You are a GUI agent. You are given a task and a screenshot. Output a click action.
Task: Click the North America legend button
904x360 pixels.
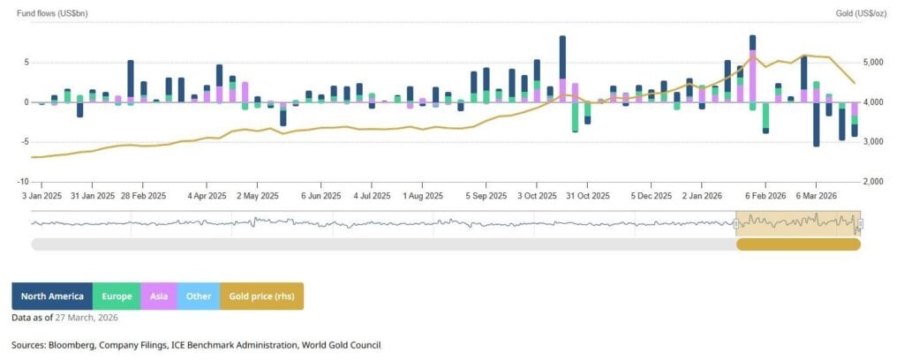pyautogui.click(x=52, y=296)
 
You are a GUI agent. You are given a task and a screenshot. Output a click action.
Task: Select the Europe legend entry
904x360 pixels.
pyautogui.click(x=117, y=296)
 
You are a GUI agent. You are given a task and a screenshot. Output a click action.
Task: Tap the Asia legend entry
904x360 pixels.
pyautogui.click(x=159, y=296)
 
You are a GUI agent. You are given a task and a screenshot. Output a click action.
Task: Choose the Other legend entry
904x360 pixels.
pyautogui.click(x=199, y=296)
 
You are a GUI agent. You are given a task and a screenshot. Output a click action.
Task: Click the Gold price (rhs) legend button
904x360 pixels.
pyautogui.click(x=262, y=296)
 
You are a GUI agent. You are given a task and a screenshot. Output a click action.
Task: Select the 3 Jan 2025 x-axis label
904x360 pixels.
pyautogui.click(x=42, y=196)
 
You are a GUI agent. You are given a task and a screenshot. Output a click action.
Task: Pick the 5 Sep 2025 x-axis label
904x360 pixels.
pyautogui.click(x=486, y=196)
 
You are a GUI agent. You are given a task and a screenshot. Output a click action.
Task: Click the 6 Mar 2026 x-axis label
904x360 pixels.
pyautogui.click(x=817, y=196)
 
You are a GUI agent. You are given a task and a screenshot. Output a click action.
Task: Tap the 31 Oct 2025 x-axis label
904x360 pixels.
pyautogui.click(x=586, y=196)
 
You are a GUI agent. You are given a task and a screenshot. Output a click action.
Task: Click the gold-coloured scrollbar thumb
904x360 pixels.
pyautogui.click(x=798, y=244)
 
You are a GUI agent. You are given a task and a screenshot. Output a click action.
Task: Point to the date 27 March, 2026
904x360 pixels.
pyautogui.click(x=91, y=317)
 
